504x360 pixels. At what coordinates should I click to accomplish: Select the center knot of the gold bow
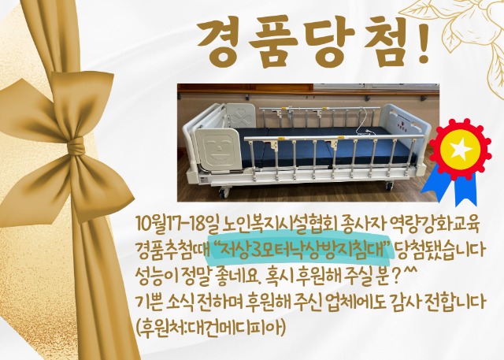76,147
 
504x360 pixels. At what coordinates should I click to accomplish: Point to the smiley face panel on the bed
218,149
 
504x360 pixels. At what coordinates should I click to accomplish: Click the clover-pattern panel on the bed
239,115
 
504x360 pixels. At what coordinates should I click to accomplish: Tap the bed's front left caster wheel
224,192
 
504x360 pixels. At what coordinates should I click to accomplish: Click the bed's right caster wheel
389,185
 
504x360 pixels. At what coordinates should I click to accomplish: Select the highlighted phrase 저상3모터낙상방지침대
302,250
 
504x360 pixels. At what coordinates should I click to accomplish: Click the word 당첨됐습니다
439,250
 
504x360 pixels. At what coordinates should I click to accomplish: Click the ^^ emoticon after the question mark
409,273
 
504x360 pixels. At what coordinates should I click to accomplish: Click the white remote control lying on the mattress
366,131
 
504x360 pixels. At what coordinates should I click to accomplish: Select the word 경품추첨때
172,250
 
